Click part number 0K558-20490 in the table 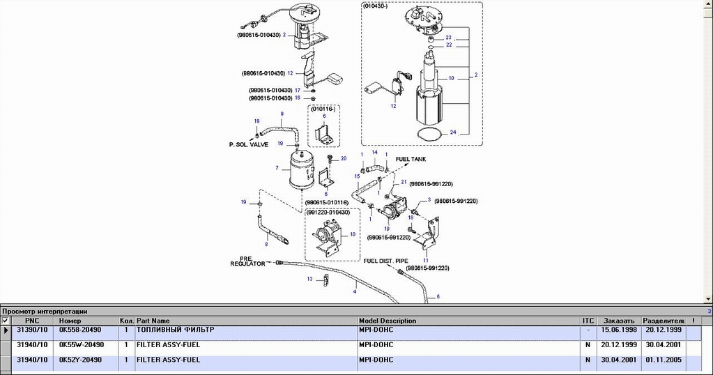(81, 329)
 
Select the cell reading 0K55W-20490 (81, 344)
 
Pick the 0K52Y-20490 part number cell (81, 360)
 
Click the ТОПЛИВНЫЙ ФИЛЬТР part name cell (176, 329)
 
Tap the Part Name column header (153, 321)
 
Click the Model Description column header (388, 321)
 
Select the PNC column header (32, 321)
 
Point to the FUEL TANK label (411, 159)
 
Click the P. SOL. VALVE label (249, 145)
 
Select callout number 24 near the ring (453, 131)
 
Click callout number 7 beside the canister (277, 168)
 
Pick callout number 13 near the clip (309, 279)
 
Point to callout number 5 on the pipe (438, 298)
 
